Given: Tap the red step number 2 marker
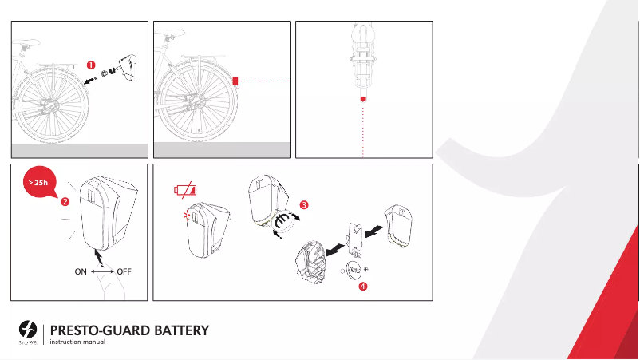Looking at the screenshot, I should click(64, 200).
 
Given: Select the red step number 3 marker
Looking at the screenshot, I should click(304, 204).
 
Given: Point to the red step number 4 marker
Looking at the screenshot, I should click(363, 287).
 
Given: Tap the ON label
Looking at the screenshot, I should click(81, 271).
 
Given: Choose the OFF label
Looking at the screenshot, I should click(124, 271).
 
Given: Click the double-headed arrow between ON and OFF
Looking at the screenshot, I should click(101, 271).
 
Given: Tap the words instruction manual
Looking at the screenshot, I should click(78, 343).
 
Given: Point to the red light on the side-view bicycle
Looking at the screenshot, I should click(235, 81).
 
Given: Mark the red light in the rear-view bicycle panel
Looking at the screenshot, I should click(364, 98).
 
